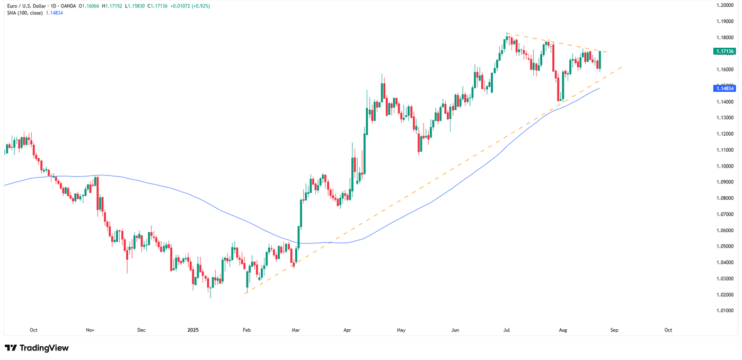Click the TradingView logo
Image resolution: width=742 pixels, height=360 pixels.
(37, 348)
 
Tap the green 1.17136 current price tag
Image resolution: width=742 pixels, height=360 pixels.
(724, 51)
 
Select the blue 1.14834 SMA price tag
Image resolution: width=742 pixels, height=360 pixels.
(724, 89)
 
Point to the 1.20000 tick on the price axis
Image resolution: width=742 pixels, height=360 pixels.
(724, 5)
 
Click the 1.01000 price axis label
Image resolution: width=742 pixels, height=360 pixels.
(724, 311)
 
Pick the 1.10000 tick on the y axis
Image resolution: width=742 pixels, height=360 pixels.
(724, 166)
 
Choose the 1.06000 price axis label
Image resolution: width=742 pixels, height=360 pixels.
(724, 231)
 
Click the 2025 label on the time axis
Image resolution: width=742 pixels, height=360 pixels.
(193, 330)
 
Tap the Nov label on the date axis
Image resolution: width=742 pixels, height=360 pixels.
(90, 330)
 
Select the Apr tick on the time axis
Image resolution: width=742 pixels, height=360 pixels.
(347, 330)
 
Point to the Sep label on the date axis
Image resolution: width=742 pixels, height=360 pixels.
(614, 330)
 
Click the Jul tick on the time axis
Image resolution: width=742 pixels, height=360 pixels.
(507, 330)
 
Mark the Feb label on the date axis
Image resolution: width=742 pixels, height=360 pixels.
(246, 330)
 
